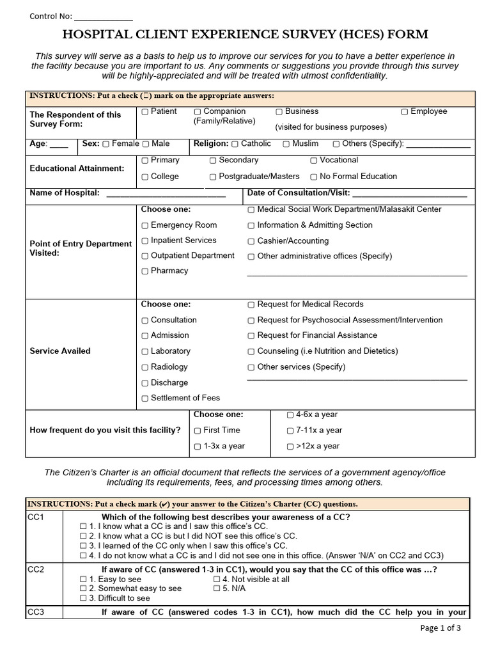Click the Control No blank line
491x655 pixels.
104,18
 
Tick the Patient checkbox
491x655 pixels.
145,112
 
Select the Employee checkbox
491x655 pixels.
405,112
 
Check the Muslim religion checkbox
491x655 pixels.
286,145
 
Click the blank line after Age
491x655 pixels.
59,146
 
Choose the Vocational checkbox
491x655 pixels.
314,161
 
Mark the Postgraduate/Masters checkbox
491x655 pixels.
213,177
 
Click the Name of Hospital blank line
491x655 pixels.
166,194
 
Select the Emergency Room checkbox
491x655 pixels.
145,226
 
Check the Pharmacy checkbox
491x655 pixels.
145,271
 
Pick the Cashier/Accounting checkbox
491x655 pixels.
251,242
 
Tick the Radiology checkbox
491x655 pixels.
145,368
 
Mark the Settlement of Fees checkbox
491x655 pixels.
145,399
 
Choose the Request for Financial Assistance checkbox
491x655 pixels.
251,336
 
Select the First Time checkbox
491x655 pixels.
198,431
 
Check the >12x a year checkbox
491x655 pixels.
290,447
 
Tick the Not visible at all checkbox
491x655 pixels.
217,580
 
